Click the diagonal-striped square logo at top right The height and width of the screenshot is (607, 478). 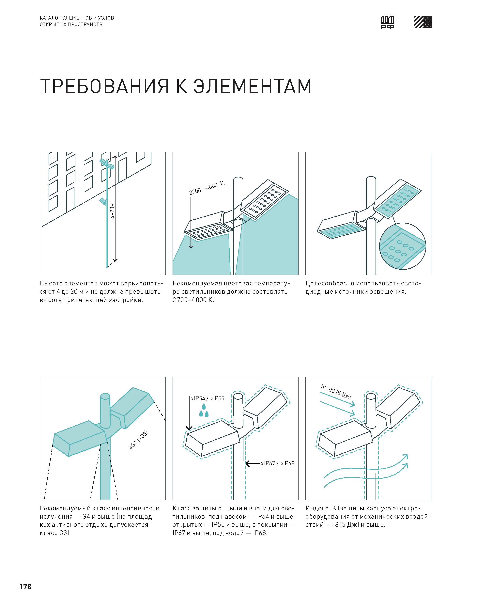click(423, 22)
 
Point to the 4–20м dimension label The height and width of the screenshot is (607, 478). click(112, 211)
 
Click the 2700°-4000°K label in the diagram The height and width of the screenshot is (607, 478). click(207, 188)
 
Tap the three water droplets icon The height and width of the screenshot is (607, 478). click(204, 411)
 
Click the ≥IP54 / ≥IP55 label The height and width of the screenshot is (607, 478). click(207, 398)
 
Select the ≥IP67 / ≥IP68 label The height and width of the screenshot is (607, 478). click(278, 464)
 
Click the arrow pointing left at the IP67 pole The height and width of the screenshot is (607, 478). click(253, 464)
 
